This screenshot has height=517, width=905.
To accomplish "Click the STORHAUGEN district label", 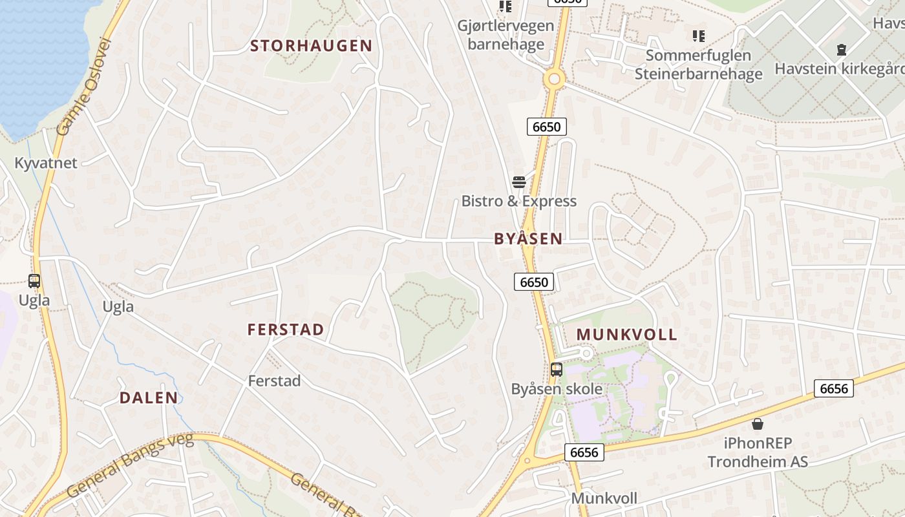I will tap(311, 46).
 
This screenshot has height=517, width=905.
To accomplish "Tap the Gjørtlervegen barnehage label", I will tap(506, 35).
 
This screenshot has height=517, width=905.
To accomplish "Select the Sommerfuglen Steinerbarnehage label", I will tap(698, 65).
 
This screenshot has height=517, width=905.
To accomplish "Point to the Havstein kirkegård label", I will tap(840, 69).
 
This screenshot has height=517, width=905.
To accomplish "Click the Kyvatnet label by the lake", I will tap(46, 163).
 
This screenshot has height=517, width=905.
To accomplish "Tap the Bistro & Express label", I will tap(518, 201).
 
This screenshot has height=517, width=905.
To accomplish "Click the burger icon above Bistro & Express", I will tap(519, 182).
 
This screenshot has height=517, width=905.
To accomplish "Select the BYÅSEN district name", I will tap(528, 238).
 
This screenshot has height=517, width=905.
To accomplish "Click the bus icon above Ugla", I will tap(34, 281).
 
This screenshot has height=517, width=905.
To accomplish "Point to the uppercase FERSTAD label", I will tap(286, 330).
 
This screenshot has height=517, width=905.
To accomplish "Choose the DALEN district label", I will tap(149, 397).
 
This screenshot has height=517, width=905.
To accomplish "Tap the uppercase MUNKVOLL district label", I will tap(626, 335).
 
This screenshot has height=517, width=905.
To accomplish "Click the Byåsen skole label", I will tap(557, 389).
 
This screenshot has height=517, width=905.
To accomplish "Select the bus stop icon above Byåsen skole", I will tap(557, 370).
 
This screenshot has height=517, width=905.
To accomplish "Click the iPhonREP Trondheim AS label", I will tap(758, 453).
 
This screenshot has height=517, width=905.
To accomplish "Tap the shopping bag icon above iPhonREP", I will tap(758, 424).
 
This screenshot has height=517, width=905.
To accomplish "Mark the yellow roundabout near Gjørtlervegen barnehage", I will tap(554, 79).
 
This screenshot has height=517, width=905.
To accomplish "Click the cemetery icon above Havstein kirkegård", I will tap(842, 49).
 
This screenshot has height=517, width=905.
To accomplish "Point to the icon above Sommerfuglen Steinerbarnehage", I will tap(698, 36).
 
